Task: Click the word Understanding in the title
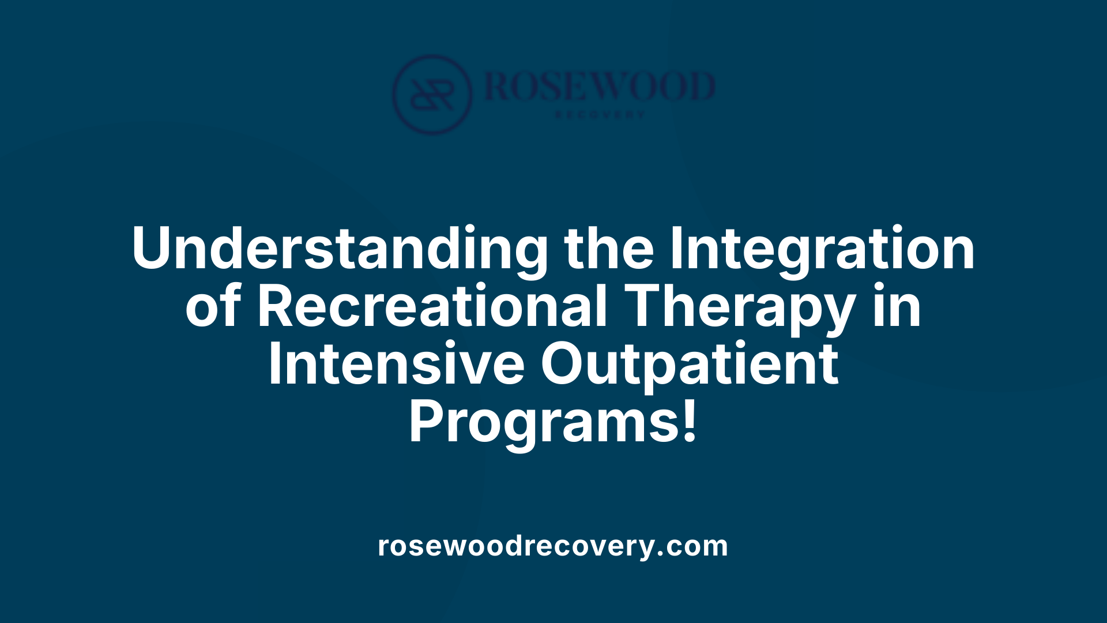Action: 340,249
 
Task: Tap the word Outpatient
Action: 690,365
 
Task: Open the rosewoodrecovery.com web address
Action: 553,546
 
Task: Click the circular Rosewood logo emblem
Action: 432,94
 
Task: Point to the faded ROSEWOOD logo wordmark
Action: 600,87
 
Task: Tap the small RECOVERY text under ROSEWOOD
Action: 600,115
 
